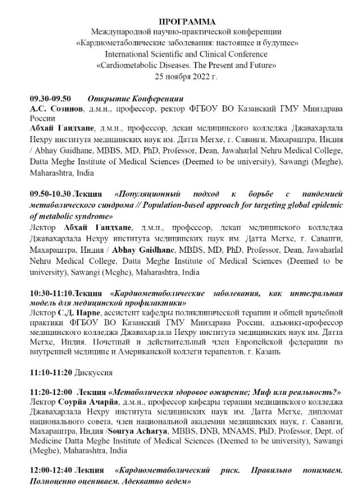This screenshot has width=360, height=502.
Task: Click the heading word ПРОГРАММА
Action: pos(179,21)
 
